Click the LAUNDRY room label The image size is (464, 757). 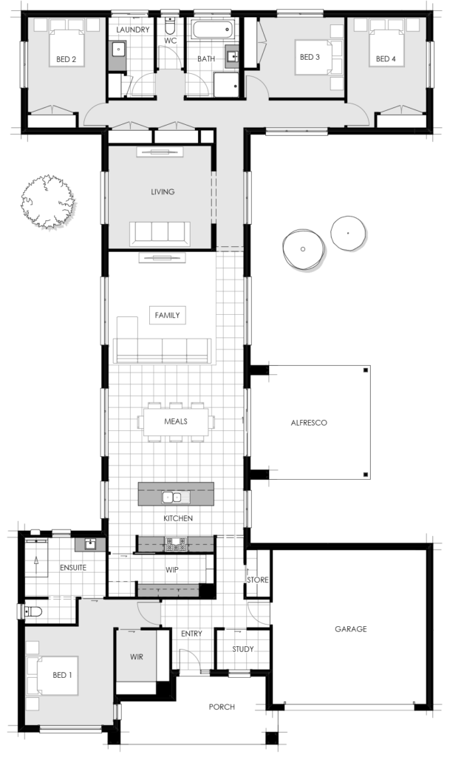pyautogui.click(x=133, y=30)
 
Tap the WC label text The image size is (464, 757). pyautogui.click(x=170, y=41)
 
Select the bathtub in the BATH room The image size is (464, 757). pyautogui.click(x=212, y=31)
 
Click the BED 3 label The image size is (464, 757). pyautogui.click(x=310, y=57)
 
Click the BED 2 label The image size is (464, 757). pyautogui.click(x=65, y=59)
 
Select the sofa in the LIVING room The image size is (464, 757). pyautogui.click(x=160, y=233)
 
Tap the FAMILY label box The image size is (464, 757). pyautogui.click(x=167, y=315)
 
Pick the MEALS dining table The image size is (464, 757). pyautogui.click(x=176, y=421)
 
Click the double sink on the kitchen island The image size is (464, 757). pyautogui.click(x=171, y=497)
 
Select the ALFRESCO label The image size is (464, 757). pyautogui.click(x=309, y=424)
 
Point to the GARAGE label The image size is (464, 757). pyautogui.click(x=350, y=629)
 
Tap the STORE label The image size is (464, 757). pyautogui.click(x=258, y=580)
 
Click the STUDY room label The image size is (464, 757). pyautogui.click(x=242, y=649)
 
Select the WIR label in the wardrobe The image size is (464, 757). pyautogui.click(x=137, y=656)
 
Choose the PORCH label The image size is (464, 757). pyautogui.click(x=222, y=707)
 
